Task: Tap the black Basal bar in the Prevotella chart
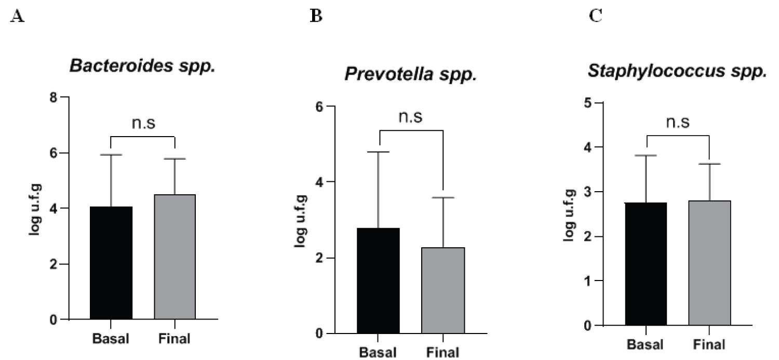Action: pyautogui.click(x=378, y=281)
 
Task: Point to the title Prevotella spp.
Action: pyautogui.click(x=410, y=74)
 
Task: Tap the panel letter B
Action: pyautogui.click(x=315, y=16)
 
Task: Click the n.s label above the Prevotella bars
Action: pyautogui.click(x=410, y=116)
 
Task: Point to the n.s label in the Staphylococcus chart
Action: pyautogui.click(x=677, y=122)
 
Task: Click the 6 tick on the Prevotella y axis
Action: pyautogui.click(x=319, y=106)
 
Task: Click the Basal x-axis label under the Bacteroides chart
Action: pyautogui.click(x=110, y=339)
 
